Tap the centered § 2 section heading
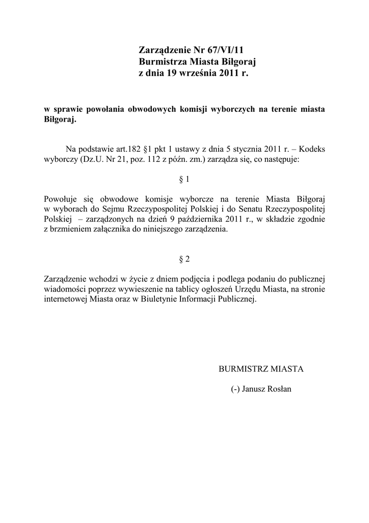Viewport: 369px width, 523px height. click(x=184, y=259)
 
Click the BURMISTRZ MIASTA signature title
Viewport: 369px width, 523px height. click(x=261, y=369)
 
